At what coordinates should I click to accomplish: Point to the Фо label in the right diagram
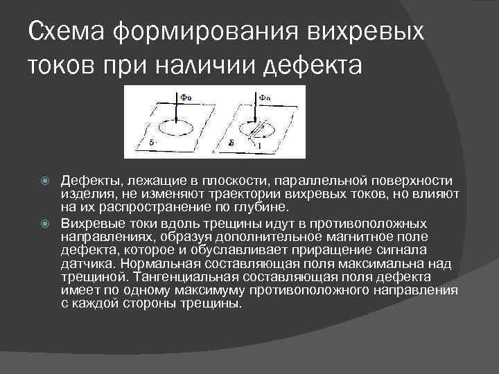click(x=265, y=98)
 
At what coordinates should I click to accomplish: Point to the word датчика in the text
click(x=85, y=263)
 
